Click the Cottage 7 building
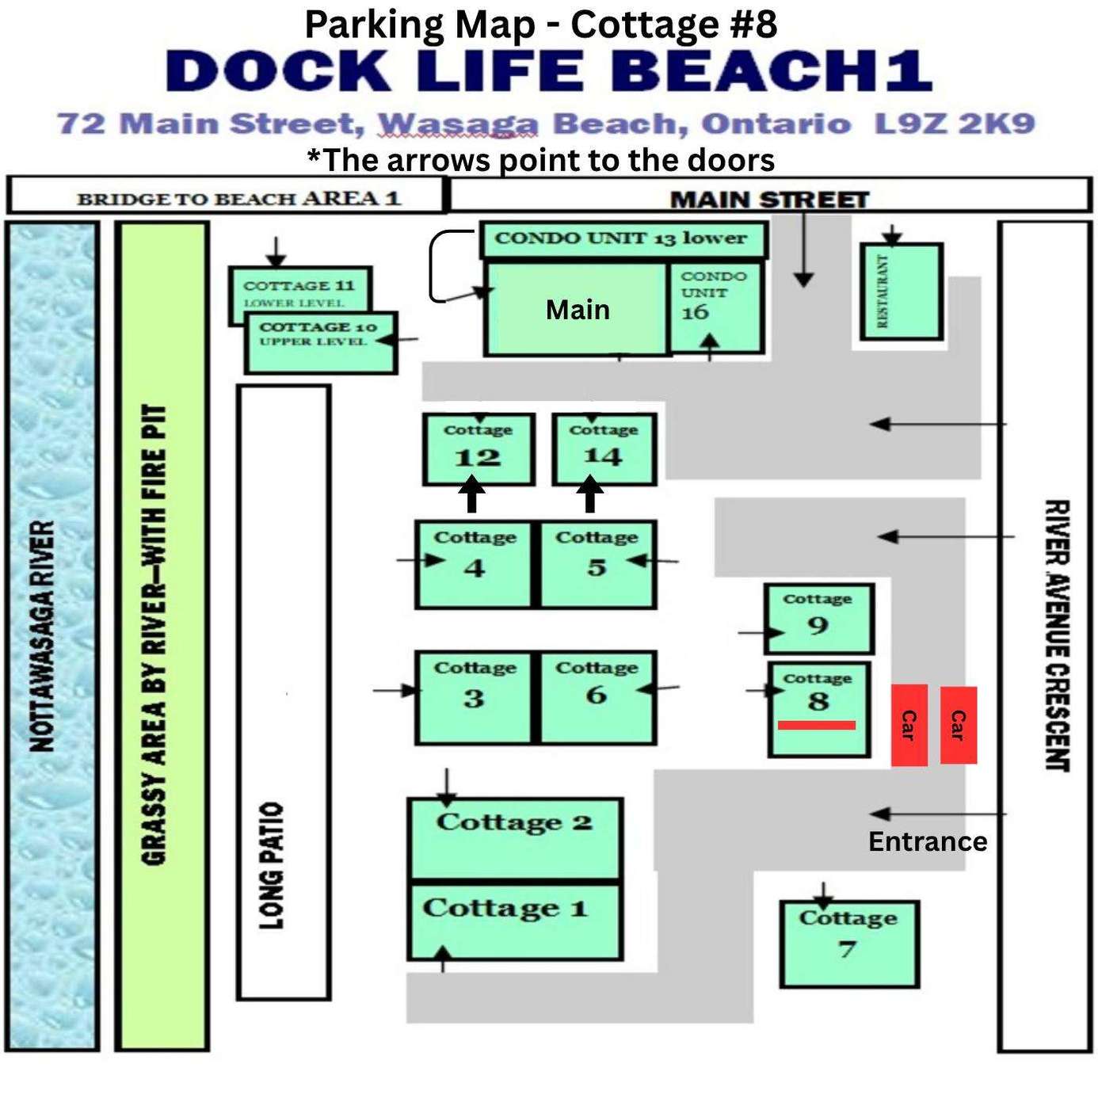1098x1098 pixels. pyautogui.click(x=849, y=944)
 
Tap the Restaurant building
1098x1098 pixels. pyautogui.click(x=901, y=292)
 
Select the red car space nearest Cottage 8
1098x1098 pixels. pyautogui.click(x=909, y=725)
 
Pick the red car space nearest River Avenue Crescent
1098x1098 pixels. pyautogui.click(x=959, y=725)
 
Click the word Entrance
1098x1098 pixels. pyautogui.click(x=928, y=841)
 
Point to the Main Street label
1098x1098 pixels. pyautogui.click(x=769, y=200)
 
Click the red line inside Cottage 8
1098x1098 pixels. pyautogui.click(x=817, y=725)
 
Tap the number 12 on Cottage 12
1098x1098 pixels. pyautogui.click(x=478, y=458)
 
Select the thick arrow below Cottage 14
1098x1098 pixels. pyautogui.click(x=591, y=494)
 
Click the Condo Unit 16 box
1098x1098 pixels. pyautogui.click(x=715, y=307)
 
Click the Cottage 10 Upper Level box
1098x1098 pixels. pyautogui.click(x=321, y=342)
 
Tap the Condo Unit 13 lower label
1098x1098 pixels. pyautogui.click(x=620, y=238)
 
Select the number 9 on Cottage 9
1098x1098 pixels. pyautogui.click(x=818, y=625)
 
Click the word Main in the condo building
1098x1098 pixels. pyautogui.click(x=578, y=310)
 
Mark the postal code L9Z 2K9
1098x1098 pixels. pyautogui.click(x=955, y=124)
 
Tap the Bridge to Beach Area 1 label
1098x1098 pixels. pyautogui.click(x=239, y=199)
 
